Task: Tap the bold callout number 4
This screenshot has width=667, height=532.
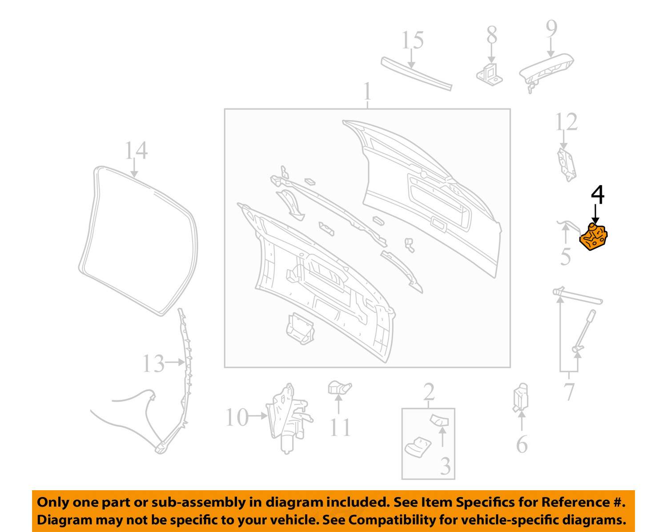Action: click(597, 194)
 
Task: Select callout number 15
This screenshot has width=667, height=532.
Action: click(413, 40)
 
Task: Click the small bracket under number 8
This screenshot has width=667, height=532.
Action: click(490, 74)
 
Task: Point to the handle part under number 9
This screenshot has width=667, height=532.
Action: click(546, 72)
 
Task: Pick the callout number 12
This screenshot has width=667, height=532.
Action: click(566, 122)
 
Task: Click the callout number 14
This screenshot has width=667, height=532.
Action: click(136, 150)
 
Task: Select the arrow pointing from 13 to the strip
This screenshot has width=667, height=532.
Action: click(175, 362)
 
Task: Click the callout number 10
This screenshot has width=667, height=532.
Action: click(237, 417)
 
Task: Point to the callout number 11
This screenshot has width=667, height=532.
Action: click(340, 427)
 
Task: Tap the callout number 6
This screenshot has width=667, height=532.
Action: click(522, 444)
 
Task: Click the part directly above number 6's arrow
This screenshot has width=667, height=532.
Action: click(521, 398)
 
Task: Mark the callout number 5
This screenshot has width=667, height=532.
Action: click(566, 257)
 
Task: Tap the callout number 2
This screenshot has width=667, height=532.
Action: click(429, 391)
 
